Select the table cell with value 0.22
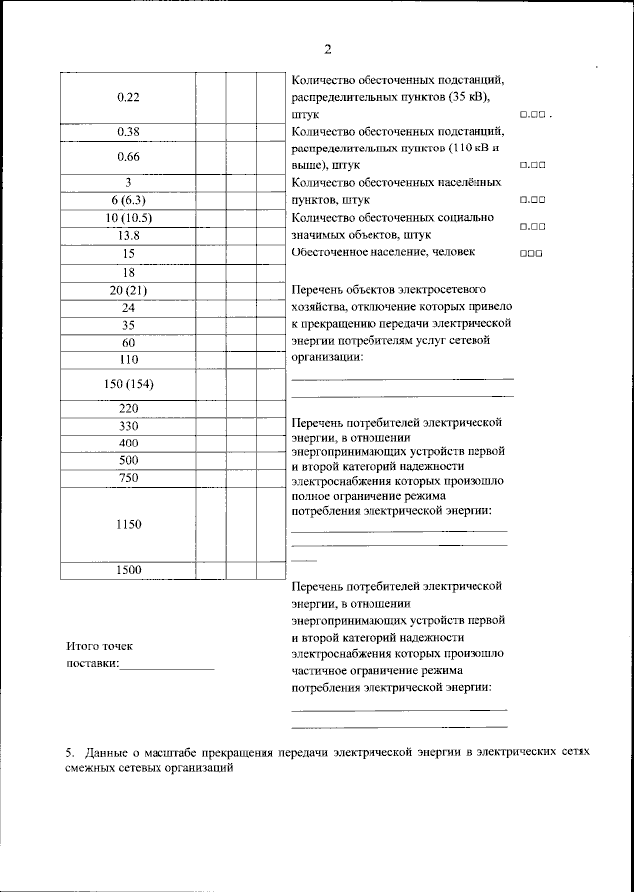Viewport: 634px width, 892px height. (126, 97)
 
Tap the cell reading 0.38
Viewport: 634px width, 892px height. (126, 132)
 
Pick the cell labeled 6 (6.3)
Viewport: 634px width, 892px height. (126, 200)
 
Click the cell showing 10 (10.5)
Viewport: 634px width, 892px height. (126, 218)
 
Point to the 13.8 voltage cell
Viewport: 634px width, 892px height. (126, 235)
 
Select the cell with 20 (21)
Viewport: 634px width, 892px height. (126, 290)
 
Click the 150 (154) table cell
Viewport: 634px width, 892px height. (126, 383)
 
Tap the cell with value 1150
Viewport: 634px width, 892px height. (126, 525)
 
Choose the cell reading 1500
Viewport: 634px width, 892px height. (126, 570)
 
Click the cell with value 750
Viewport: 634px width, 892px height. (126, 479)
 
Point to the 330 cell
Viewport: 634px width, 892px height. (126, 426)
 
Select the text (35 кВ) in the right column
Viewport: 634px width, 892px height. (472, 97)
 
